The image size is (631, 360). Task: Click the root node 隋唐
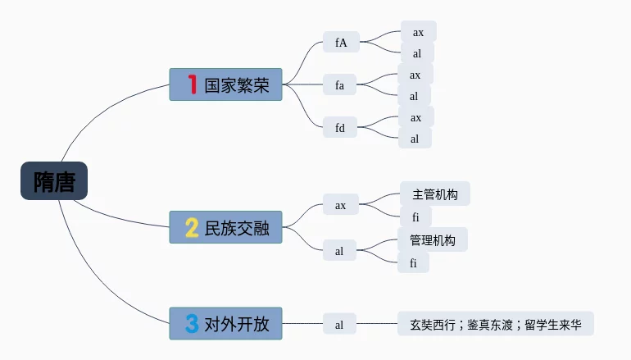(54, 181)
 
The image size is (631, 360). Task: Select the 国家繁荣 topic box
(225, 84)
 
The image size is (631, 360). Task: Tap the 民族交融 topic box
(225, 227)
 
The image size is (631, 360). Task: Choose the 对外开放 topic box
(225, 324)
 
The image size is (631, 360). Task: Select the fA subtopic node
(341, 43)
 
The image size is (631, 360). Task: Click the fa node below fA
(339, 84)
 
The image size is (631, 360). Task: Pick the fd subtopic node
(340, 127)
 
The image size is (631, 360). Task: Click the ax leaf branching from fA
(418, 32)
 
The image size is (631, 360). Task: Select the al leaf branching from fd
(415, 139)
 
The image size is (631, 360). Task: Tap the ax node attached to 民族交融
(341, 205)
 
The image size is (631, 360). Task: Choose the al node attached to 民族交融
(339, 252)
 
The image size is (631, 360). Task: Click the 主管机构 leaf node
(435, 194)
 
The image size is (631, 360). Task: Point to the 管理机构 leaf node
(433, 240)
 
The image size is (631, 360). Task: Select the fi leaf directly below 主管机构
(415, 217)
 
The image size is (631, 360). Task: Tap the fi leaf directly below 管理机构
(414, 263)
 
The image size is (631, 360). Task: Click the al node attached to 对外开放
(339, 325)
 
